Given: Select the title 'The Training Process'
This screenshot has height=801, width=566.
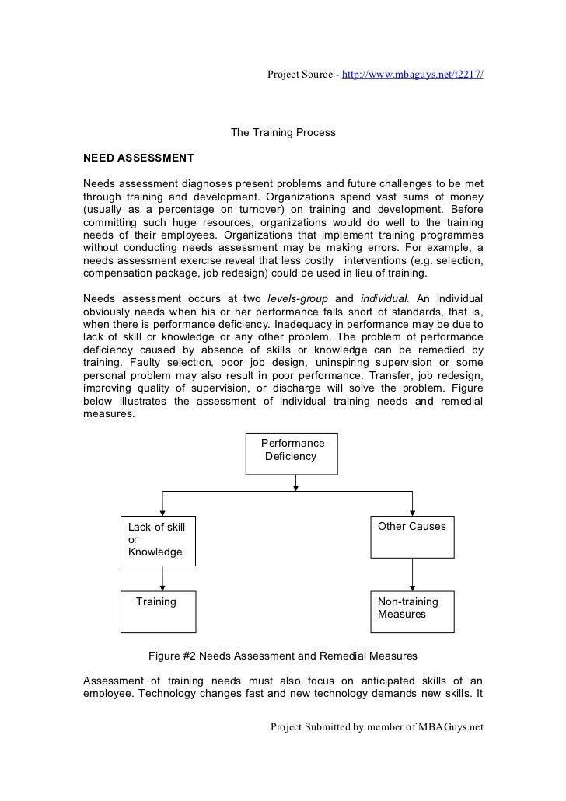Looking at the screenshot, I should [x=283, y=133].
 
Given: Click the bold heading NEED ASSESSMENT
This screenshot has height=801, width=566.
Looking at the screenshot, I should [x=138, y=158].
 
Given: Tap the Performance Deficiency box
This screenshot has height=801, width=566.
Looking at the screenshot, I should [x=292, y=453].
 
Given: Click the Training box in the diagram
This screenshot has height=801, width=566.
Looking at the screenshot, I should [x=159, y=611].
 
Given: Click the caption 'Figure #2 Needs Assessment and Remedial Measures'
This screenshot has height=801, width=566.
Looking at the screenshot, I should [x=283, y=654].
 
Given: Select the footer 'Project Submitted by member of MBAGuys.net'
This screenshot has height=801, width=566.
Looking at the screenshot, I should [x=376, y=727].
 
